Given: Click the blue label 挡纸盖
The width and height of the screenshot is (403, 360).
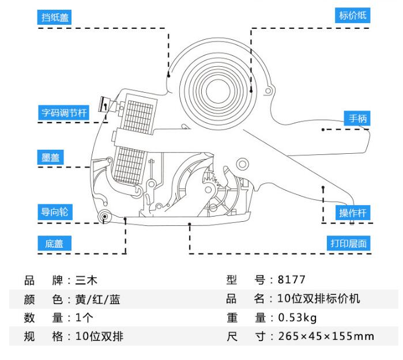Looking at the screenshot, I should click(x=55, y=18).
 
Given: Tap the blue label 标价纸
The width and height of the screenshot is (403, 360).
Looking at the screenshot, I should click(x=352, y=16).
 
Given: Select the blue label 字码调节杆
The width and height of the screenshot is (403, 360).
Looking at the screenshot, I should click(x=64, y=113).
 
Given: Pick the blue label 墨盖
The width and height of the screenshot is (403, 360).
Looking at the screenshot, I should click(x=51, y=157).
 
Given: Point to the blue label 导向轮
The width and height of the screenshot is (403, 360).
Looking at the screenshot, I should click(x=55, y=211).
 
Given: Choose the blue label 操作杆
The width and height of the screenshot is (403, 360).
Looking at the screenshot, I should click(x=353, y=212).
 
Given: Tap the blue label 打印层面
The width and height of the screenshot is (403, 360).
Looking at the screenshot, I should click(x=348, y=243).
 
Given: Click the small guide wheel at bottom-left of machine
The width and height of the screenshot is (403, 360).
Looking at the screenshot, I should click(x=105, y=217).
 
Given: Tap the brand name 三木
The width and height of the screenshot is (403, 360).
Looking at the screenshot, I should click(x=86, y=281).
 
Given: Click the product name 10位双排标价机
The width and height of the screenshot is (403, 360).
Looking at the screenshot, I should click(x=318, y=299).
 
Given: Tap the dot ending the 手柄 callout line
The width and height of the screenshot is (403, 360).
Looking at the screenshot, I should click(x=323, y=130).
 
